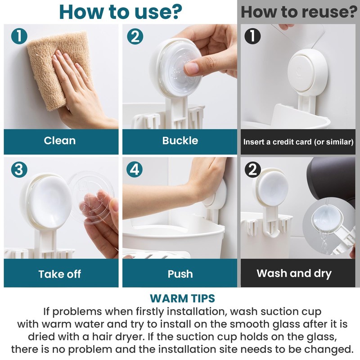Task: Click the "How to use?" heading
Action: coord(121,12)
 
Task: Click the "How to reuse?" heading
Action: coord(299,12)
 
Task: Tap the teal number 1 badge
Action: coord(19,36)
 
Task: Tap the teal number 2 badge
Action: coord(135,36)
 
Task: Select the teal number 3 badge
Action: coord(19,170)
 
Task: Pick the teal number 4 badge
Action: coord(135,170)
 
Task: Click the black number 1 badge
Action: coord(252,36)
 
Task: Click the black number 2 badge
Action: coord(252,170)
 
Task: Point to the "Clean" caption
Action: coord(60,140)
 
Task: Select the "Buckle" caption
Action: coord(180,140)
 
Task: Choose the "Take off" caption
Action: coord(60,274)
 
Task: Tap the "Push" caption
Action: coord(180,274)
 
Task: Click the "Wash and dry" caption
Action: coord(294,274)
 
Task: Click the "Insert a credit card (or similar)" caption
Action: coord(298,142)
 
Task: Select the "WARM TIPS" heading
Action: coord(182,298)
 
